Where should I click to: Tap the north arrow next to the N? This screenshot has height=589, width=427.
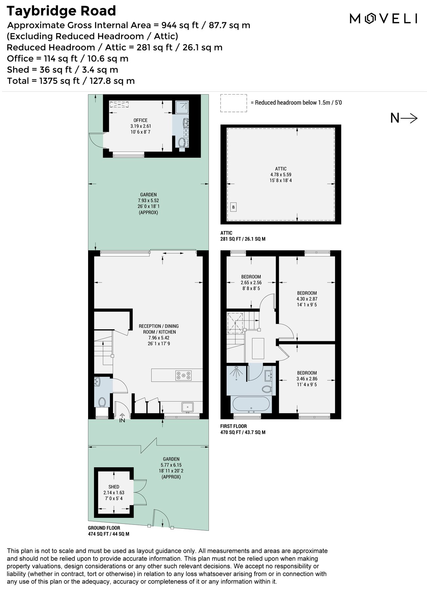pyautogui.click(x=410, y=118)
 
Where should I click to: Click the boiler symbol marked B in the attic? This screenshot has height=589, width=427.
pyautogui.click(x=233, y=207)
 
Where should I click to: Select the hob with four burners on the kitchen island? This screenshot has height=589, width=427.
pyautogui.click(x=183, y=375)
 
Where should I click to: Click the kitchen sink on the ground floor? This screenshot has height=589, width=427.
pyautogui.click(x=188, y=407)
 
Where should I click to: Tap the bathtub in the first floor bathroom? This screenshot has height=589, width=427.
pyautogui.click(x=251, y=404)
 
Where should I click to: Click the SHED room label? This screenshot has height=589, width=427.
pyautogui.click(x=114, y=487)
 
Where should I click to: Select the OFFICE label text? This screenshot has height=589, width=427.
pyautogui.click(x=140, y=120)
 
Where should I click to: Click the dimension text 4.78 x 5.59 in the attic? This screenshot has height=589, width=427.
pyautogui.click(x=281, y=175)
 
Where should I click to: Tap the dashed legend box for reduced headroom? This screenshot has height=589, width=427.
pyautogui.click(x=233, y=103)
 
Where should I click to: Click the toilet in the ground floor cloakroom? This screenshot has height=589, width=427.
pyautogui.click(x=102, y=402)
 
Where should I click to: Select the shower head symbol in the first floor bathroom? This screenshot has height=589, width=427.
pyautogui.click(x=236, y=374)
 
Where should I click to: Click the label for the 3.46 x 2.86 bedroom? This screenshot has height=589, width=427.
pyautogui.click(x=307, y=373)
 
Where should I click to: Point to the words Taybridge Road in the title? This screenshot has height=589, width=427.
pyautogui.click(x=61, y=11)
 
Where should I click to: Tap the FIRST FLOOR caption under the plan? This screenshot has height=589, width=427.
pyautogui.click(x=233, y=426)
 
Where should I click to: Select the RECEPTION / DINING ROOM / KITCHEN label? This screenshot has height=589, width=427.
pyautogui.click(x=159, y=329)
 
